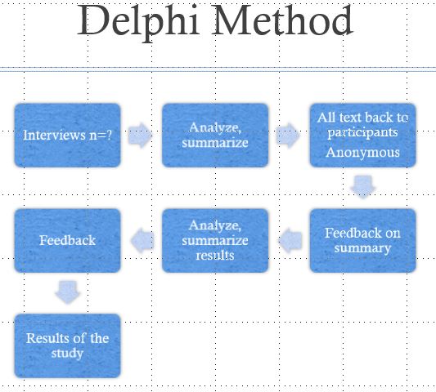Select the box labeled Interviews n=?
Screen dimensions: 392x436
67,136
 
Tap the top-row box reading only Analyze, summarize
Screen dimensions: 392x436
214,136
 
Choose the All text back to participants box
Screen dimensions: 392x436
362,136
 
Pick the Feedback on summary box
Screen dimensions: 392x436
362,240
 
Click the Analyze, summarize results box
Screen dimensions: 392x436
214,240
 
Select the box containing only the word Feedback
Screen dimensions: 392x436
67,240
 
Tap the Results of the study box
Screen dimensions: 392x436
67,345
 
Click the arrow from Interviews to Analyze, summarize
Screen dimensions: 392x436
141,136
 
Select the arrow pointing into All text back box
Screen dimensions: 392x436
288,136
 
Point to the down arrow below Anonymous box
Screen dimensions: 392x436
362,187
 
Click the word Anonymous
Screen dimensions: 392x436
362,152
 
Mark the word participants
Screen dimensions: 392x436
362,132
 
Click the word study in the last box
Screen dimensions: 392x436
67,354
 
